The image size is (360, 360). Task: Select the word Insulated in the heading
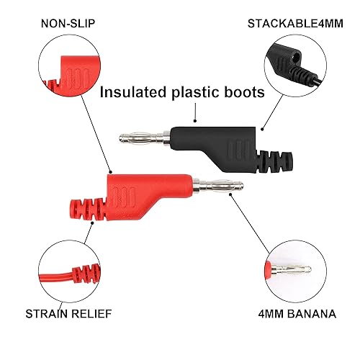(134, 92)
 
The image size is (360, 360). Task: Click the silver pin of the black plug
(143, 138)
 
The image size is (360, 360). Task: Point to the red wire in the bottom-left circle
(50, 278)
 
